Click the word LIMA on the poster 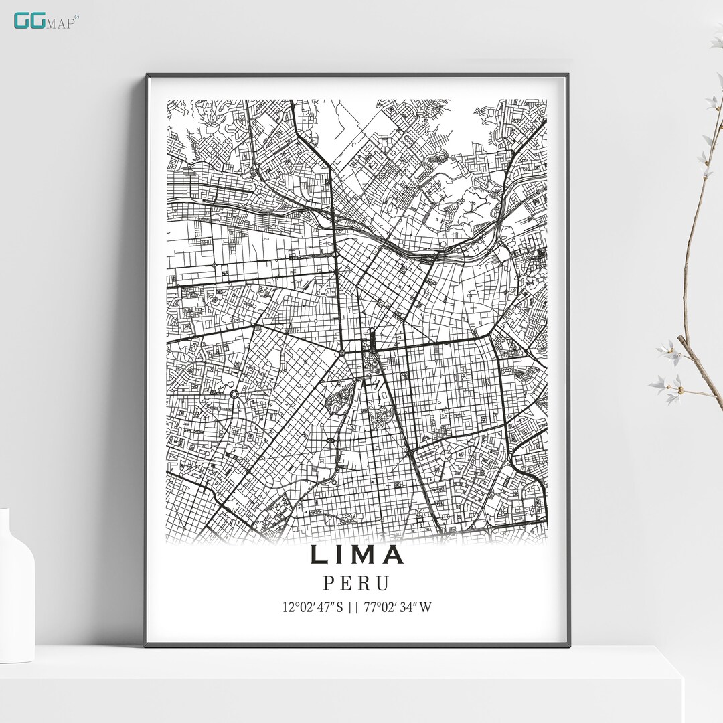(x=357, y=555)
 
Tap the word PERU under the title (x=356, y=583)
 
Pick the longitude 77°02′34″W (x=399, y=608)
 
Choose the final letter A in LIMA (x=393, y=555)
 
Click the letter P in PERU (x=330, y=583)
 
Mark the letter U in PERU (x=382, y=583)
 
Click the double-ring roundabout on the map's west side (x=235, y=394)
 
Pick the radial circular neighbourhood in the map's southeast (x=443, y=461)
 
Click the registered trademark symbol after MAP (x=76, y=17)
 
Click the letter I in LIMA (x=339, y=555)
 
